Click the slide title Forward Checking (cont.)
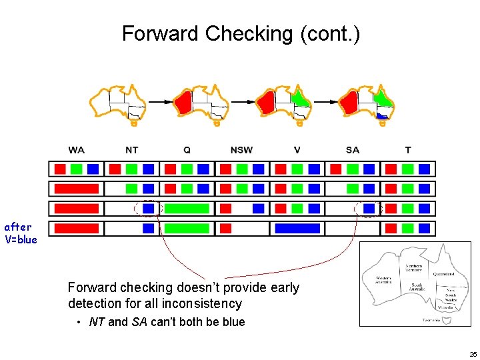(241, 33)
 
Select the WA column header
(76, 150)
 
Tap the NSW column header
(241, 150)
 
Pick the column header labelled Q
(187, 150)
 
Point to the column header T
(408, 150)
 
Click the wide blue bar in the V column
(297, 229)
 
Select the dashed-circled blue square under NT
(148, 209)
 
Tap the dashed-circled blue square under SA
(369, 209)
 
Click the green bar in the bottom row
(187, 229)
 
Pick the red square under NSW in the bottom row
(225, 229)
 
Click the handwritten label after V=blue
(21, 233)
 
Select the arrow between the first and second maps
(159, 102)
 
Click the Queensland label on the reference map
(443, 274)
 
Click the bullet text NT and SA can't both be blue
(167, 322)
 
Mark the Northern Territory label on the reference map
(413, 269)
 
